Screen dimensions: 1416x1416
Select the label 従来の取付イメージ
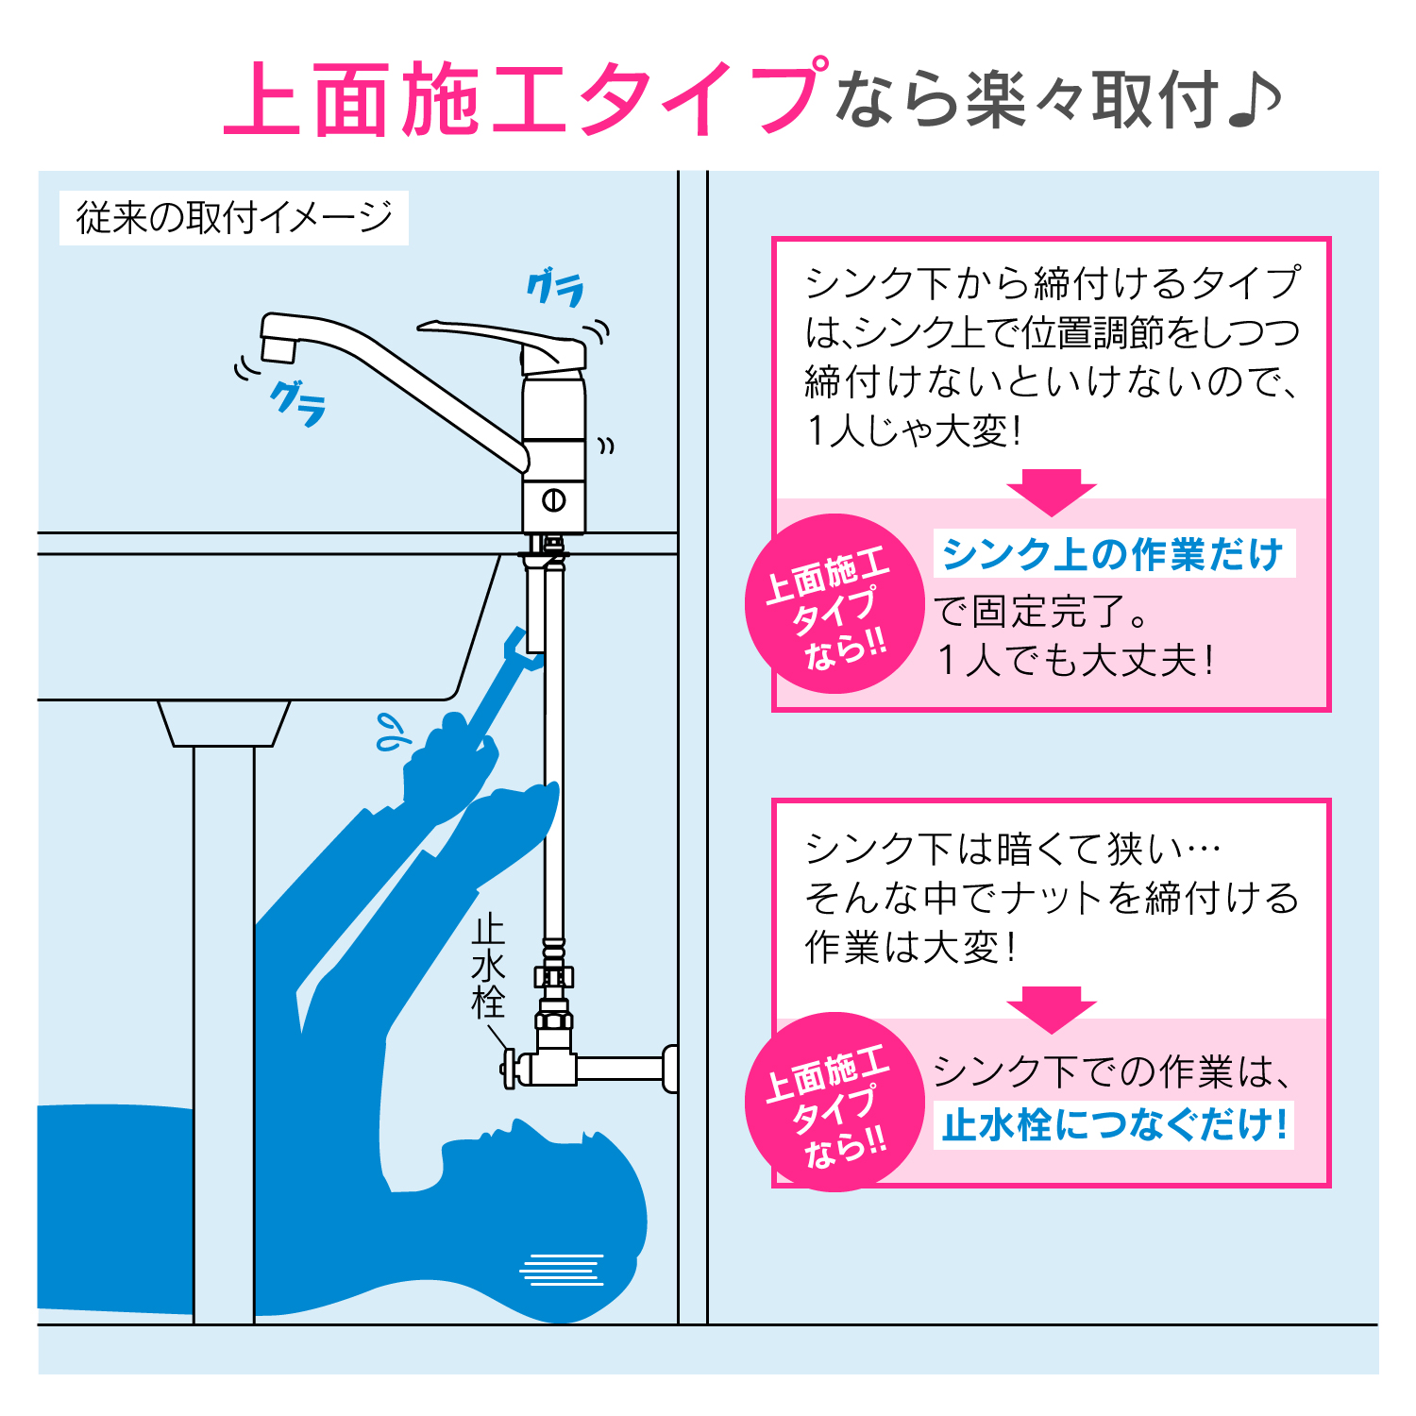click(233, 218)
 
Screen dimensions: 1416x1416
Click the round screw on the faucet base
click(554, 500)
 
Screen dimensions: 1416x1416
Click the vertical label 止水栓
click(489, 968)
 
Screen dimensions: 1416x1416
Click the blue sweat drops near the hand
click(390, 732)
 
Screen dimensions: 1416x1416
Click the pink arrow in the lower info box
click(1051, 1008)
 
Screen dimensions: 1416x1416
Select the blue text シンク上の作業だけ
click(1113, 554)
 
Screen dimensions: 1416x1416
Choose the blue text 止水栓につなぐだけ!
click(1114, 1125)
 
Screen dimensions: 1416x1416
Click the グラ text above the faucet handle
click(555, 288)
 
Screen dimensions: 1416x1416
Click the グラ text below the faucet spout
click(298, 403)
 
